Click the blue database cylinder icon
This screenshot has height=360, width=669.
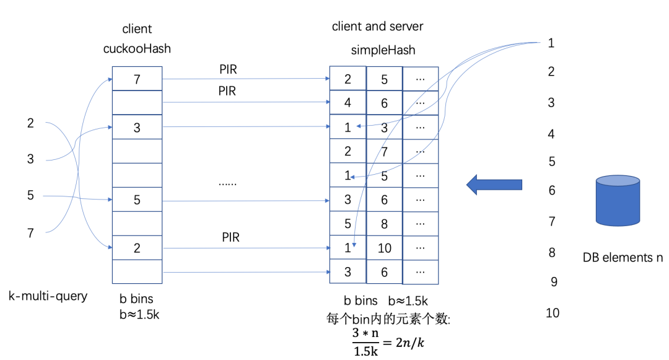coord(618,200)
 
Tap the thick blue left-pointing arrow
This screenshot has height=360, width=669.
coord(494,184)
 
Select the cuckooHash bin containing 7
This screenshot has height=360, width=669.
coord(137,79)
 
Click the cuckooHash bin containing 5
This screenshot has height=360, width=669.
coord(137,200)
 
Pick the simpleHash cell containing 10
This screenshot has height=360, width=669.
coord(384,248)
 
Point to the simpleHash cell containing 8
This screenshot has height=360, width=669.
coord(384,224)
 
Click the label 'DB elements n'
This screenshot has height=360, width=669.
coord(622,257)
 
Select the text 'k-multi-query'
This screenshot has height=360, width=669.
coord(48,296)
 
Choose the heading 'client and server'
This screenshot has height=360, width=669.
coord(377,26)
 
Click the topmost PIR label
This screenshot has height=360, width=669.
coord(227,70)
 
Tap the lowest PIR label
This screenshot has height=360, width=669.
coord(231,237)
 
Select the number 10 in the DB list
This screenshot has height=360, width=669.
coord(553,313)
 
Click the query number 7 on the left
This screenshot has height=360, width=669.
coord(30,233)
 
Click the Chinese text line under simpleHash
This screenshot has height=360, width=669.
coord(388,320)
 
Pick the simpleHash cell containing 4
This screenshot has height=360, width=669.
coord(348,103)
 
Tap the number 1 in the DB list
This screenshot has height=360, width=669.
coord(551,43)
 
